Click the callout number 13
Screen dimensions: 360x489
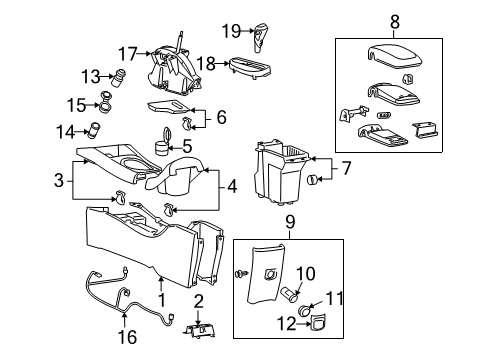tap(90, 75)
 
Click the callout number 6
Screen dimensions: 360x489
tap(221, 117)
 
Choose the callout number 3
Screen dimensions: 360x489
tap(59, 180)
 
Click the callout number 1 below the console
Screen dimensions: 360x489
tap(161, 300)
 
